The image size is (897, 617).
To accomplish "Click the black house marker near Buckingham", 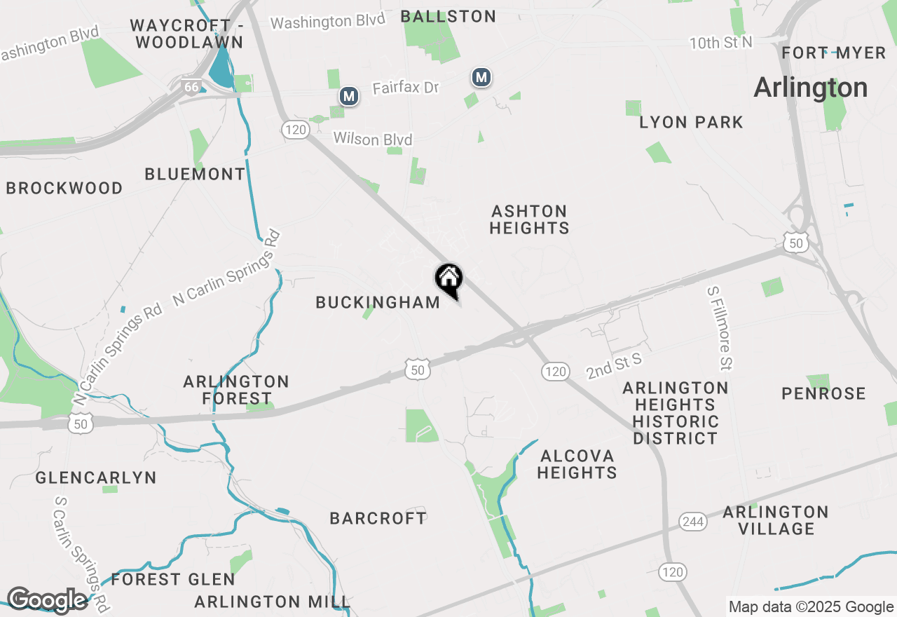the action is tap(448, 280).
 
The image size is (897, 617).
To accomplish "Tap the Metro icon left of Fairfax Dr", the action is tap(349, 96).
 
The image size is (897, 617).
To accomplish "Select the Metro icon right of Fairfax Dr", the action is tap(481, 78).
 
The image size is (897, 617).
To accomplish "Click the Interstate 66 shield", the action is tap(191, 86).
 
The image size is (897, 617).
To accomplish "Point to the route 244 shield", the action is tap(692, 521).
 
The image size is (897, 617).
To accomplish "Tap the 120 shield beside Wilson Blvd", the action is tap(296, 129).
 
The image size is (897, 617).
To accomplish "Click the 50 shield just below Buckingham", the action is tap(417, 369).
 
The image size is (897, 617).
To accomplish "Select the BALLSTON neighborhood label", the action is tap(448, 16).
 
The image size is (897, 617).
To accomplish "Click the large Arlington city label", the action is tap(810, 88).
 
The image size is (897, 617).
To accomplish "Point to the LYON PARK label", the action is tap(691, 123).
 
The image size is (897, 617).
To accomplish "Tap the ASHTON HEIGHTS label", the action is tap(529, 219).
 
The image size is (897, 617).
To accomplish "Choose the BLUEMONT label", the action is tap(195, 174).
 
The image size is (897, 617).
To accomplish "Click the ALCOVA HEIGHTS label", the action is tap(577, 464).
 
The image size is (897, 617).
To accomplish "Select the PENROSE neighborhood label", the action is tap(823, 393).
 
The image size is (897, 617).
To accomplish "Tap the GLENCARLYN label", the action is tap(97, 478).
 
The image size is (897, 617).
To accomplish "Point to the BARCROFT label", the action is tap(378, 518).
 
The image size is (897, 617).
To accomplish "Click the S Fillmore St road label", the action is tap(720, 327).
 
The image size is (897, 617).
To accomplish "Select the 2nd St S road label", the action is tap(614, 366).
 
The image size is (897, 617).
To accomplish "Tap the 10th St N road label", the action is tap(720, 43).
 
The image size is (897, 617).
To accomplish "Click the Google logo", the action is tap(48, 600).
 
